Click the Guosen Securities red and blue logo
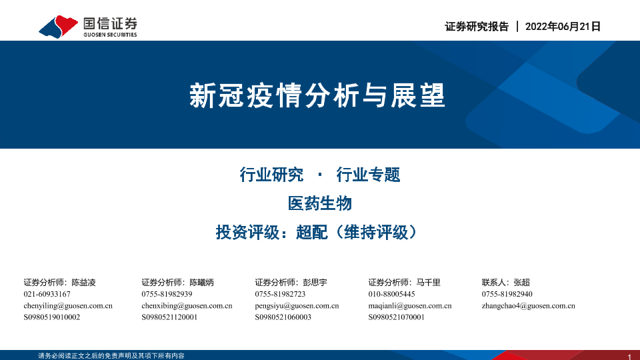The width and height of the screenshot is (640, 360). (x=59, y=27)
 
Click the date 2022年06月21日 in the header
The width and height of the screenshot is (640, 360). (x=563, y=27)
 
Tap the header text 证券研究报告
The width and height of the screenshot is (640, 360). (x=477, y=27)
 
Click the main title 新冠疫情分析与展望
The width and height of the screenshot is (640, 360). (x=317, y=95)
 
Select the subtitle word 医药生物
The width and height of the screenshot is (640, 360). (x=319, y=203)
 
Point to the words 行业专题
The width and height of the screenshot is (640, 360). (x=368, y=175)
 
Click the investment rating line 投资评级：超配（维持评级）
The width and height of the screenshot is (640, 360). (x=316, y=232)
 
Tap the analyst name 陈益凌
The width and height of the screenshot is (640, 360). (x=84, y=283)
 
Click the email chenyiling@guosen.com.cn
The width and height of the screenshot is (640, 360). (x=68, y=306)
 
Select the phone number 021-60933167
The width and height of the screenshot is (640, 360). (x=47, y=294)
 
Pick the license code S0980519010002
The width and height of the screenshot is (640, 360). (x=52, y=317)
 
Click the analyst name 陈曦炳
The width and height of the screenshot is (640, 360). (x=201, y=283)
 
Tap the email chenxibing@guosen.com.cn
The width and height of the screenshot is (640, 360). (x=187, y=306)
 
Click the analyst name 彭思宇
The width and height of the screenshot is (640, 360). (x=315, y=283)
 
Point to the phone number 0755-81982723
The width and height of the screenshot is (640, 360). (x=280, y=294)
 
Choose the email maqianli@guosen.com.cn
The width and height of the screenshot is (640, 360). (x=410, y=306)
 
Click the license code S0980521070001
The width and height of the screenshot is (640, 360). (x=396, y=317)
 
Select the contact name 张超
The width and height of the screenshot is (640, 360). (x=521, y=283)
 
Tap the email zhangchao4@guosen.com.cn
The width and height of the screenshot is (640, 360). (x=528, y=306)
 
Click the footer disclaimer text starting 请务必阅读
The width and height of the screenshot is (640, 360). (x=111, y=356)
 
